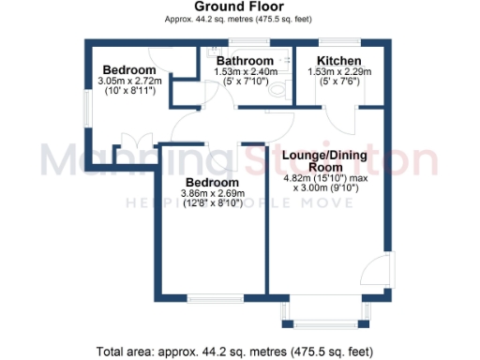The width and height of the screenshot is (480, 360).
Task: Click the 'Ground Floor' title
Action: click(x=239, y=7)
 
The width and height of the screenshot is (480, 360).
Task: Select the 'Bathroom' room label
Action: click(x=243, y=60)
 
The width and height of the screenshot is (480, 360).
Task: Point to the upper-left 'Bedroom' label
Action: click(x=129, y=70)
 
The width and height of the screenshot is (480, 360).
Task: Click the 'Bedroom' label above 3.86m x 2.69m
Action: click(x=212, y=182)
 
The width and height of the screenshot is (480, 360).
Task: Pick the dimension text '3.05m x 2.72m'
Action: click(x=129, y=82)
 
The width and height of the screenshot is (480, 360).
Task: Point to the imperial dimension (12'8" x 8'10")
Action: click(x=212, y=204)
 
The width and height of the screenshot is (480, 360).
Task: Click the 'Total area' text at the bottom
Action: click(x=239, y=352)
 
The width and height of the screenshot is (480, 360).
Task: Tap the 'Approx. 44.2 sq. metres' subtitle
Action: click(x=239, y=19)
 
